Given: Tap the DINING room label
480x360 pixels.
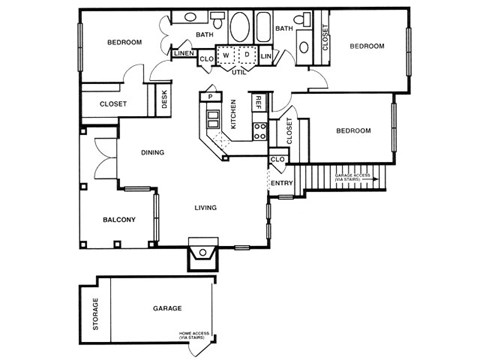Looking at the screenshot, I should click(x=153, y=153).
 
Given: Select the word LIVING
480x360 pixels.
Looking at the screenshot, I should click(x=206, y=208).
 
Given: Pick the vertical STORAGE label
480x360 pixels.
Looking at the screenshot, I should click(x=96, y=313).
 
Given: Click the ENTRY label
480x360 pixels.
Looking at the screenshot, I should click(x=281, y=183).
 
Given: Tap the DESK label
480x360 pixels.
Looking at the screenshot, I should click(x=164, y=99).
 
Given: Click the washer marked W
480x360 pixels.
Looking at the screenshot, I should click(x=226, y=54).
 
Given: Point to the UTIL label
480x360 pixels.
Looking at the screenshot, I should click(x=238, y=72).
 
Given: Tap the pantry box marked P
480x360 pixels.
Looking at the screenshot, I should click(x=210, y=97).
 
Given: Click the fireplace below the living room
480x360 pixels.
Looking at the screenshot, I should click(x=202, y=253).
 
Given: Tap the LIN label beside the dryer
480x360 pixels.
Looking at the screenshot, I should click(x=265, y=57).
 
